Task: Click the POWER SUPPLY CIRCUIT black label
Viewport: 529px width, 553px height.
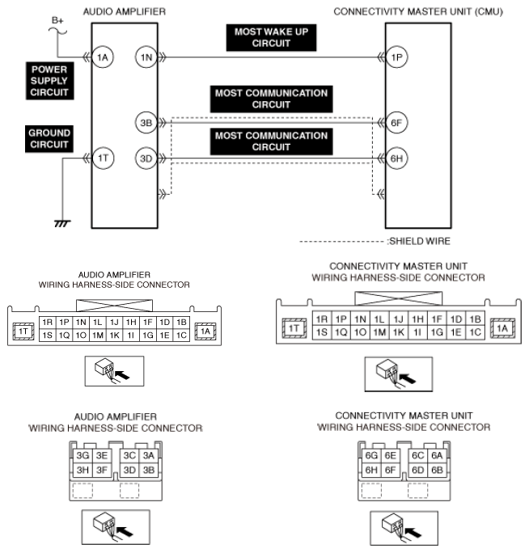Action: (50, 81)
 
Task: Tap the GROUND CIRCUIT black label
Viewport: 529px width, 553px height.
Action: (49, 139)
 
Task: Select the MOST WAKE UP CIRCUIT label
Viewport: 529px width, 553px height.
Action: (271, 38)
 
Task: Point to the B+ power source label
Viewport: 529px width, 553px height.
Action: (57, 20)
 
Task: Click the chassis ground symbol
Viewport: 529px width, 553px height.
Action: (62, 223)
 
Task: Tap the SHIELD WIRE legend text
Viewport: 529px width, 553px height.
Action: (420, 241)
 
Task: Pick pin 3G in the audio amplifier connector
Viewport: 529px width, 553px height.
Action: (83, 455)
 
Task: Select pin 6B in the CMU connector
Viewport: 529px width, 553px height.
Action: (437, 470)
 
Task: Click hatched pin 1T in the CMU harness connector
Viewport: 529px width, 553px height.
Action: (294, 328)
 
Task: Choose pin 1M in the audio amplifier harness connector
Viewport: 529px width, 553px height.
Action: (98, 335)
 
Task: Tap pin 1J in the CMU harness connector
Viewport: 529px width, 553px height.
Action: (399, 319)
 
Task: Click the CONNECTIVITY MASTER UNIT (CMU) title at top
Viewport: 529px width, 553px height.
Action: (418, 11)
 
